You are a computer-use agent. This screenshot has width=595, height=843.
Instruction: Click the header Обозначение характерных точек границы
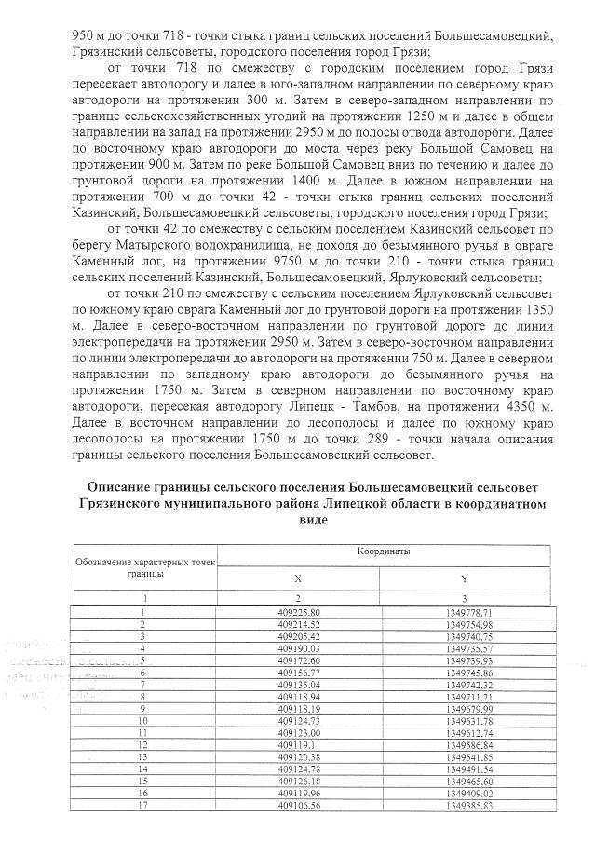tap(144, 567)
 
